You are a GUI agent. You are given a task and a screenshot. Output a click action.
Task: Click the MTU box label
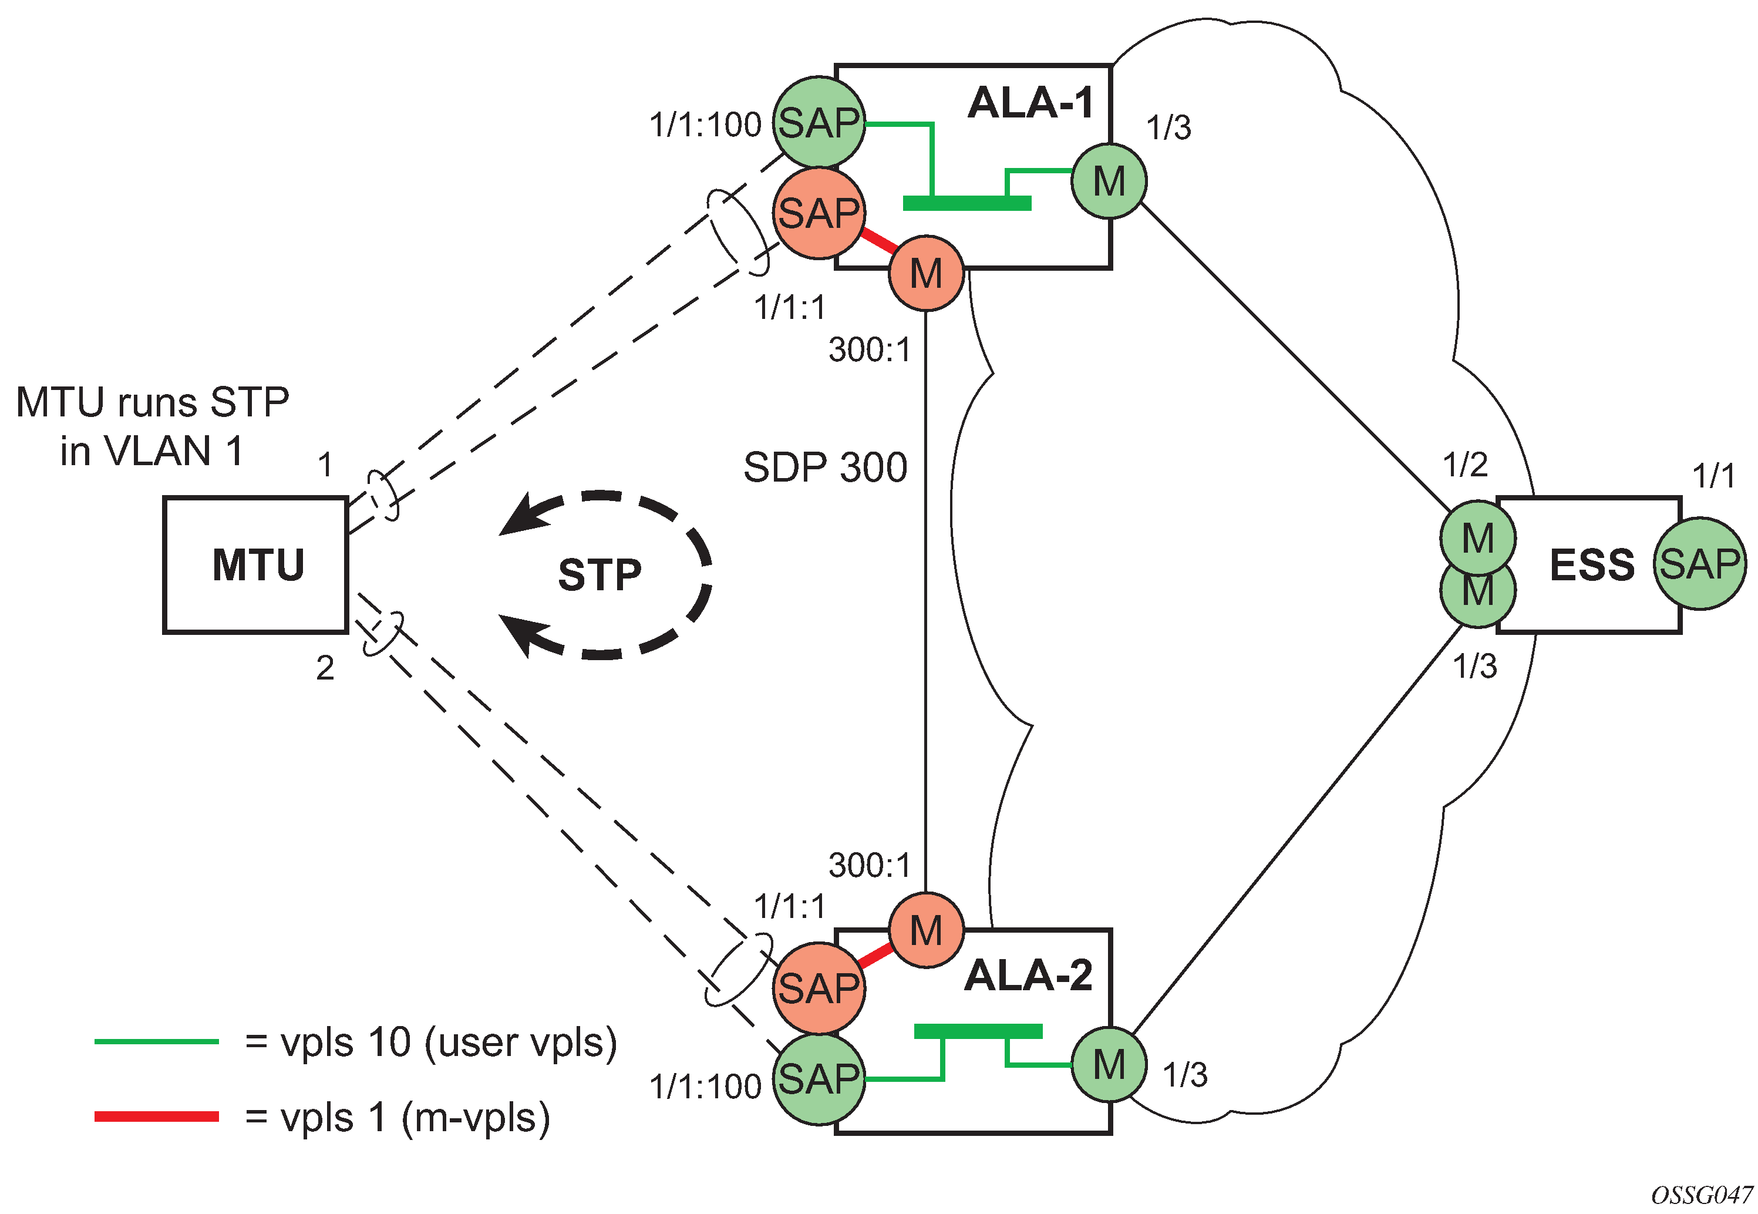pyautogui.click(x=258, y=565)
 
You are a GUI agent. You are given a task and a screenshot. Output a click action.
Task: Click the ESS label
pyautogui.click(x=1591, y=565)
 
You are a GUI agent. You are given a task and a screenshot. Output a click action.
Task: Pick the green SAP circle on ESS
pyautogui.click(x=1699, y=564)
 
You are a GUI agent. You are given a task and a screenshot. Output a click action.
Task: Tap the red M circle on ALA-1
pyautogui.click(x=925, y=273)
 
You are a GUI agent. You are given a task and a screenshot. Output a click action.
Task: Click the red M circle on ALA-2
pyautogui.click(x=925, y=930)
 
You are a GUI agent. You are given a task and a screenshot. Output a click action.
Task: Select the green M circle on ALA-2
pyautogui.click(x=1109, y=1064)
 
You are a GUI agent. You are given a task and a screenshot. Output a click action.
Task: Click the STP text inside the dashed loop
pyautogui.click(x=600, y=574)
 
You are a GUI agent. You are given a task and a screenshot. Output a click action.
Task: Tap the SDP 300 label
pyautogui.click(x=825, y=467)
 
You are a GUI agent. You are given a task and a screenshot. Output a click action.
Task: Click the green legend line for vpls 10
pyautogui.click(x=156, y=1041)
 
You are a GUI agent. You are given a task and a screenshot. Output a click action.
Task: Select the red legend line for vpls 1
pyautogui.click(x=156, y=1117)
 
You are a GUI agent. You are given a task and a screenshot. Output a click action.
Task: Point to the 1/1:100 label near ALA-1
pyautogui.click(x=705, y=125)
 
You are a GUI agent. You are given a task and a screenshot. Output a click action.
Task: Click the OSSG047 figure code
pyautogui.click(x=1702, y=1195)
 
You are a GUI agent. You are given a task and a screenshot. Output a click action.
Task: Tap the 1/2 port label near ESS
pyautogui.click(x=1464, y=464)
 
